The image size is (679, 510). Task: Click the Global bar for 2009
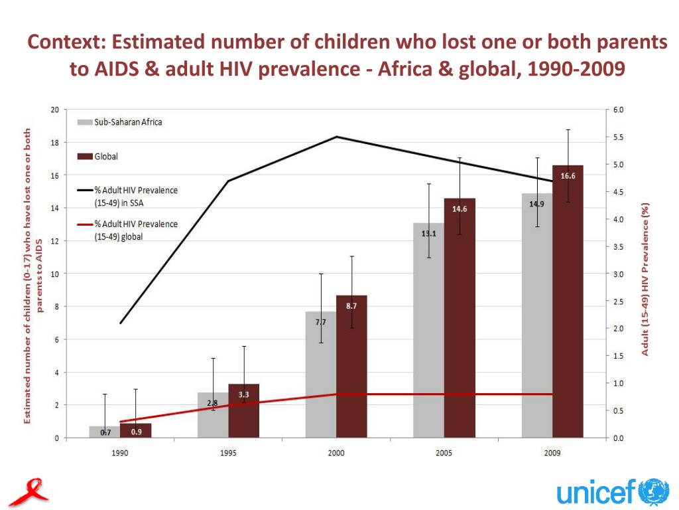[x=568, y=319]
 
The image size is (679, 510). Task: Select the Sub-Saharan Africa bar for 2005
[x=428, y=345]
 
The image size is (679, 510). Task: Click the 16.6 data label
[x=568, y=176]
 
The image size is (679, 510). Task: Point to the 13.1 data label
[x=428, y=234]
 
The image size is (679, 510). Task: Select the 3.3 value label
[x=243, y=394]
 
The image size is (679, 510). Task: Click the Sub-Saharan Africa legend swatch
[x=84, y=122]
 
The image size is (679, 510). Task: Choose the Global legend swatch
[x=84, y=157]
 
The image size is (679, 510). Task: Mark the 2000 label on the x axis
[x=336, y=453]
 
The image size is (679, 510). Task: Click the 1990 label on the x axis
[x=120, y=453]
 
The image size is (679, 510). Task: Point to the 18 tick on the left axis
[x=55, y=143]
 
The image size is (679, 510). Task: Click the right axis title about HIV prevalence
[x=645, y=279]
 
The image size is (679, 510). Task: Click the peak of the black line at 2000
[x=337, y=137]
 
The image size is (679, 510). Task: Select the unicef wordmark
[x=595, y=493]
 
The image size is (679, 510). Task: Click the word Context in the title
[x=64, y=42]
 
